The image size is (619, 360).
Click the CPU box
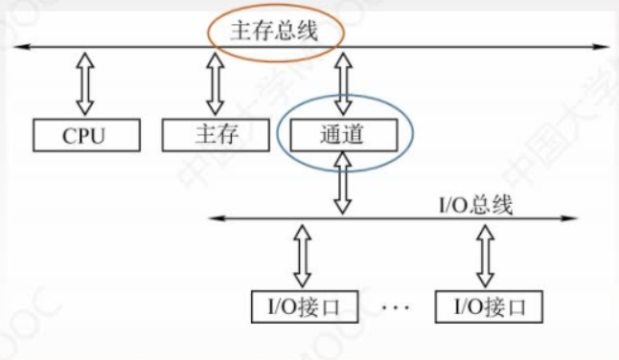(83, 135)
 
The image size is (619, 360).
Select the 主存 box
(214, 135)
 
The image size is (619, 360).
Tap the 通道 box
(342, 135)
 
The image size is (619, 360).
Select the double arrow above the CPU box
(84, 83)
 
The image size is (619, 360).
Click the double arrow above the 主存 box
(215, 83)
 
